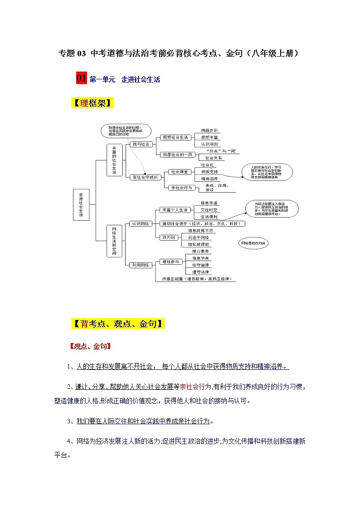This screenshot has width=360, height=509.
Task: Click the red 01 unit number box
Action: (x=82, y=78)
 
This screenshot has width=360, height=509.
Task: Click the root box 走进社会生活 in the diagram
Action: (x=81, y=204)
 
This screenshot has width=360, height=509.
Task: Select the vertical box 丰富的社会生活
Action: (x=114, y=160)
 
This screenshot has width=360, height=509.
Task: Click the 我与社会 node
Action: (x=141, y=144)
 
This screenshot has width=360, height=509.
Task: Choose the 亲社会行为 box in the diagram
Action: (x=180, y=188)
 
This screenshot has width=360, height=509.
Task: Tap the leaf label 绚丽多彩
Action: (x=209, y=130)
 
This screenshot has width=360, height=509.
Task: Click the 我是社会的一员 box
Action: (x=177, y=155)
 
